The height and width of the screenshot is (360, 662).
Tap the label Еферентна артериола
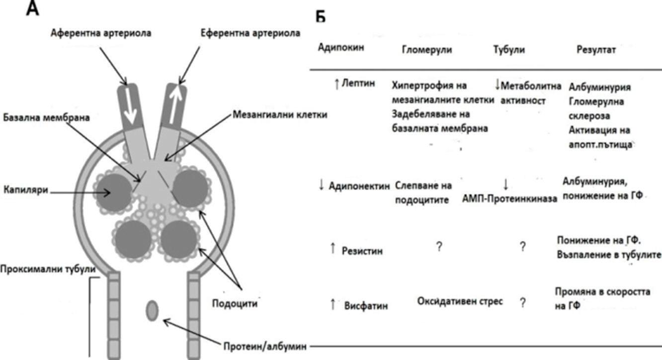[250, 33]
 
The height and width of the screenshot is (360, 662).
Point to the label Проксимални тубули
[48, 269]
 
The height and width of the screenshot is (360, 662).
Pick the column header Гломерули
[427, 50]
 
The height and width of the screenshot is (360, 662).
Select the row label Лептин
[355, 85]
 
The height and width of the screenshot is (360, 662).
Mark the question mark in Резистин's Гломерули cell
[439, 246]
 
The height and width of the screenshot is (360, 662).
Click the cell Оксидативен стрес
[459, 301]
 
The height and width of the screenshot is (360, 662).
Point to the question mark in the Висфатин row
[522, 302]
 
